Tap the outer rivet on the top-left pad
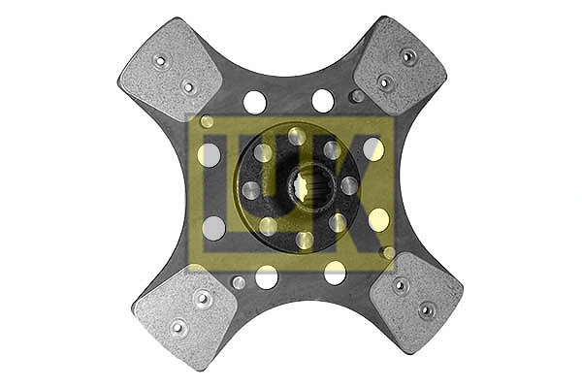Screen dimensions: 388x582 [x=161, y=60]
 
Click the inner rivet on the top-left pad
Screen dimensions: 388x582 [x=189, y=87]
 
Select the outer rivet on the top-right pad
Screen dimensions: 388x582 [x=409, y=56]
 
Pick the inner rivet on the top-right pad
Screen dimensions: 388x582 [x=385, y=81]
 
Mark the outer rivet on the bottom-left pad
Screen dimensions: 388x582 [x=178, y=326]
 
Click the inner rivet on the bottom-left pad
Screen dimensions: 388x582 [x=203, y=298]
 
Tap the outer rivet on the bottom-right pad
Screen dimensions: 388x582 [x=426, y=310]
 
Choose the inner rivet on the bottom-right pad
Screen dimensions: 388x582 [x=400, y=285]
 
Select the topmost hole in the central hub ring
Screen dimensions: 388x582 [x=297, y=137]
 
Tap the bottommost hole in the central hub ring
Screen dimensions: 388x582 [x=304, y=239]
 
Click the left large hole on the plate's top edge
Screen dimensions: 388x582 [x=255, y=102]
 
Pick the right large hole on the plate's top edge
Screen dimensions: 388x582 [x=323, y=101]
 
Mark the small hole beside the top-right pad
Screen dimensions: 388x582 [x=358, y=96]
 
